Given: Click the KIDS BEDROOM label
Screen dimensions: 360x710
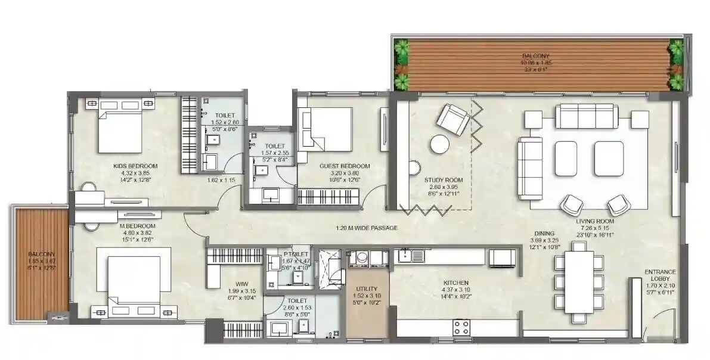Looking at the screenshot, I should pyautogui.click(x=135, y=166).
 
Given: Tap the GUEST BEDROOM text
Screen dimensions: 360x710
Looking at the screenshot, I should pyautogui.click(x=344, y=166).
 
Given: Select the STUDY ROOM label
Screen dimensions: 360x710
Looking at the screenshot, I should pyautogui.click(x=443, y=179).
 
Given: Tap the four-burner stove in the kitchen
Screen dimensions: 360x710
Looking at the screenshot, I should pyautogui.click(x=461, y=327).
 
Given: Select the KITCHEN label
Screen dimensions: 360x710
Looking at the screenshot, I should pyautogui.click(x=455, y=283).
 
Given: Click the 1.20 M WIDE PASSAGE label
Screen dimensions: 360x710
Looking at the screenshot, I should pyautogui.click(x=365, y=228).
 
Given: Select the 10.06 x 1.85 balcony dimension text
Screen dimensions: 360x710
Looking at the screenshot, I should pyautogui.click(x=535, y=63).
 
